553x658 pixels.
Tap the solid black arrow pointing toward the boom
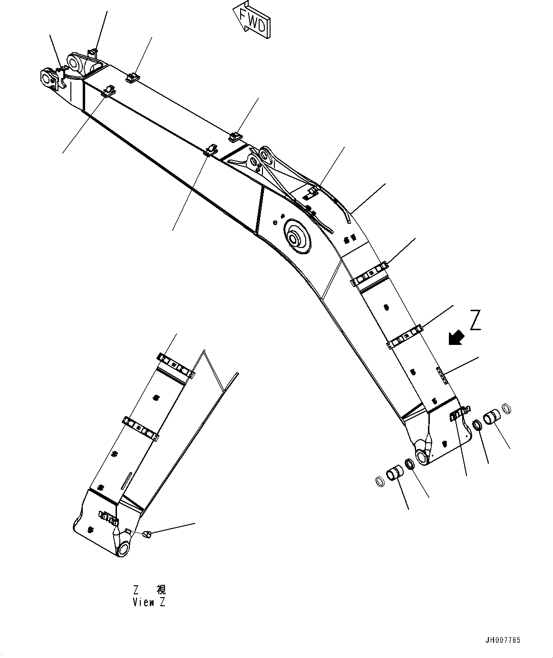456,338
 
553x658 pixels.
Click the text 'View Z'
150,602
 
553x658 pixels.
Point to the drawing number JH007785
502,640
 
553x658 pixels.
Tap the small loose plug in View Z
147,535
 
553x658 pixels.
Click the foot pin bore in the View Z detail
124,549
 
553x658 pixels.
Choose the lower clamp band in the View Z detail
141,428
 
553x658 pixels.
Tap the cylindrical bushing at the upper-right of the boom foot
492,418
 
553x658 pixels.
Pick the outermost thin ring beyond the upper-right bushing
507,408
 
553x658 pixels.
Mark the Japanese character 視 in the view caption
162,590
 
